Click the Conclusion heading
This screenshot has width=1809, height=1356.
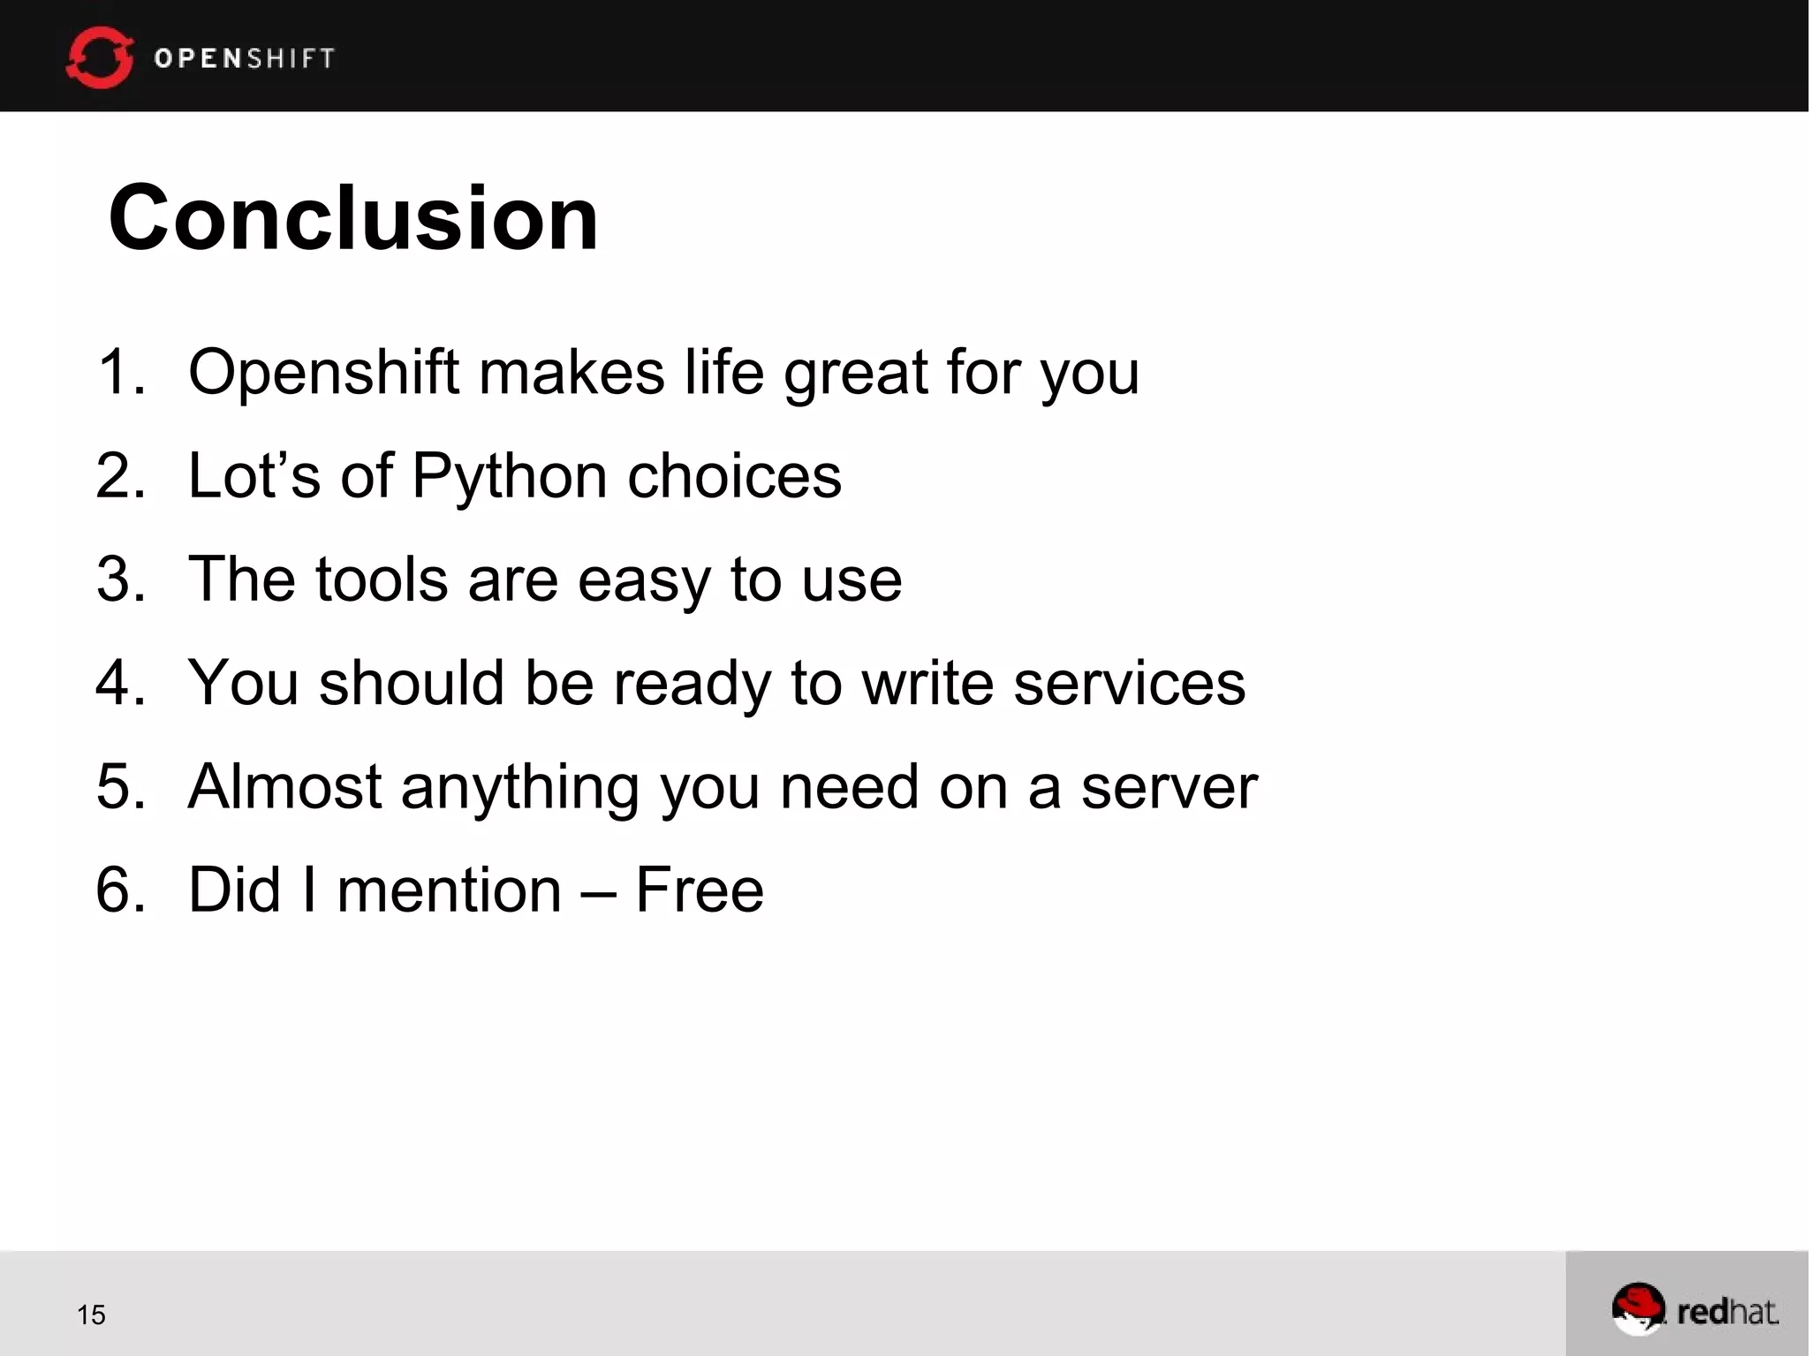pyautogui.click(x=353, y=218)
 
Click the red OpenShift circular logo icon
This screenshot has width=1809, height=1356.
pyautogui.click(x=100, y=58)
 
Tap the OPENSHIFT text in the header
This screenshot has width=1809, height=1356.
pyautogui.click(x=245, y=58)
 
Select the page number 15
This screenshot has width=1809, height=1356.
pyautogui.click(x=91, y=1314)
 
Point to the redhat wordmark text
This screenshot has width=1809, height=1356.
pyautogui.click(x=1727, y=1312)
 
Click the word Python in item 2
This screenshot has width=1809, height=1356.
pyautogui.click(x=509, y=477)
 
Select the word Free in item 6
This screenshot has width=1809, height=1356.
pyautogui.click(x=699, y=890)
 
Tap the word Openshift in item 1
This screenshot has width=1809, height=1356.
pyautogui.click(x=323, y=372)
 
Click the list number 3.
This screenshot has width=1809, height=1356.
pyautogui.click(x=119, y=580)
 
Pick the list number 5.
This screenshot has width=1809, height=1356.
pyautogui.click(x=119, y=786)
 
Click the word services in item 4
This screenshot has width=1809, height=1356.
pyautogui.click(x=1129, y=683)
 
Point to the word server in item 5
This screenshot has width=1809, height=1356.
pyautogui.click(x=1169, y=786)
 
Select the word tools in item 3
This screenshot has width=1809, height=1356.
pyautogui.click(x=382, y=580)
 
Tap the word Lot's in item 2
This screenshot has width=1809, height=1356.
pyautogui.click(x=254, y=476)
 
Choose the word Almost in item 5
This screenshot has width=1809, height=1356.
pyautogui.click(x=284, y=786)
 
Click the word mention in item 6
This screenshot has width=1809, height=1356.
pyautogui.click(x=449, y=890)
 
